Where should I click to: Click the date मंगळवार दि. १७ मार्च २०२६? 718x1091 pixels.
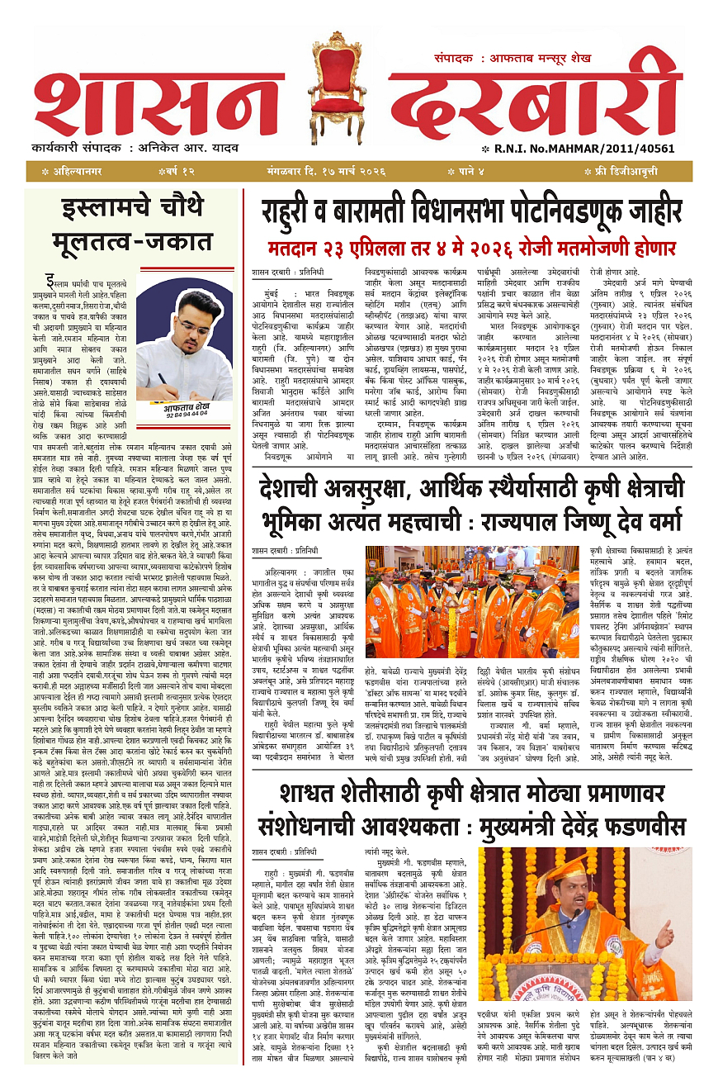point(356,171)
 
